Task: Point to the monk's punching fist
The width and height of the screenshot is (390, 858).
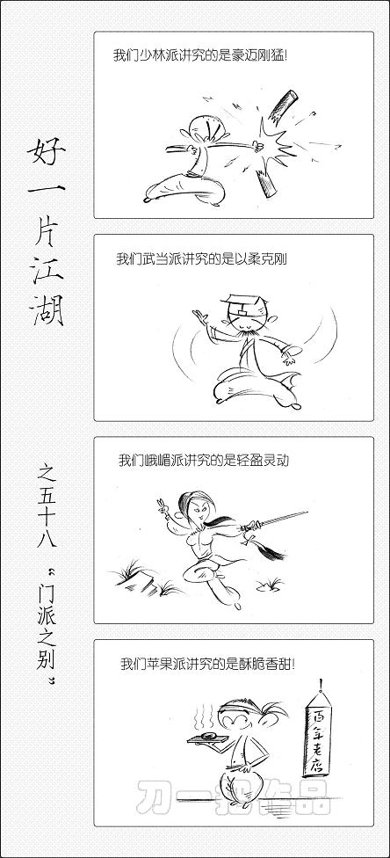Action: (256, 145)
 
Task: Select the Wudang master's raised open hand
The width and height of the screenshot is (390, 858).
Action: (201, 318)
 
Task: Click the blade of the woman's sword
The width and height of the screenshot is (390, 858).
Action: (283, 518)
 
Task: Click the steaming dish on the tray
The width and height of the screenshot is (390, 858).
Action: (207, 736)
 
